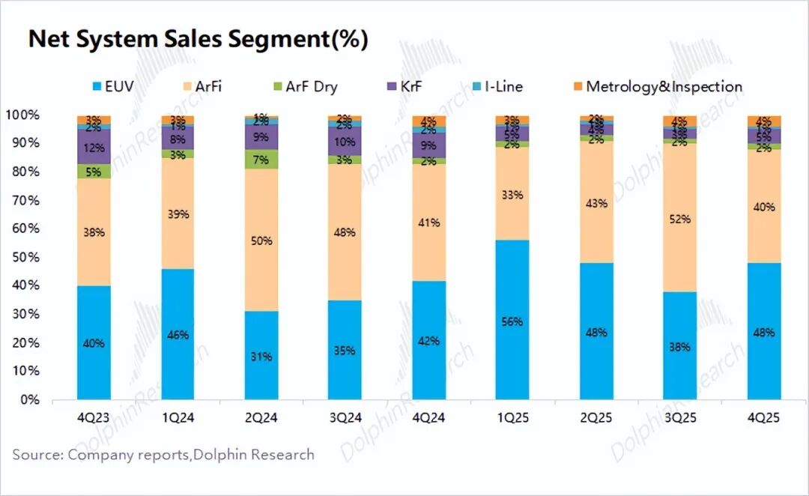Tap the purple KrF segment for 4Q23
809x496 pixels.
[x=94, y=147]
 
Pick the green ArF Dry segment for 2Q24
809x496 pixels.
[x=261, y=159]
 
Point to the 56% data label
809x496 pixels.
[x=513, y=321]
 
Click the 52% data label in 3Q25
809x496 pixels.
[x=680, y=220]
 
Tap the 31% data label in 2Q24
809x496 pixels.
[x=261, y=357]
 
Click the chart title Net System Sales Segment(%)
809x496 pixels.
[x=198, y=39]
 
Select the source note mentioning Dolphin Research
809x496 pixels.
[x=163, y=455]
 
